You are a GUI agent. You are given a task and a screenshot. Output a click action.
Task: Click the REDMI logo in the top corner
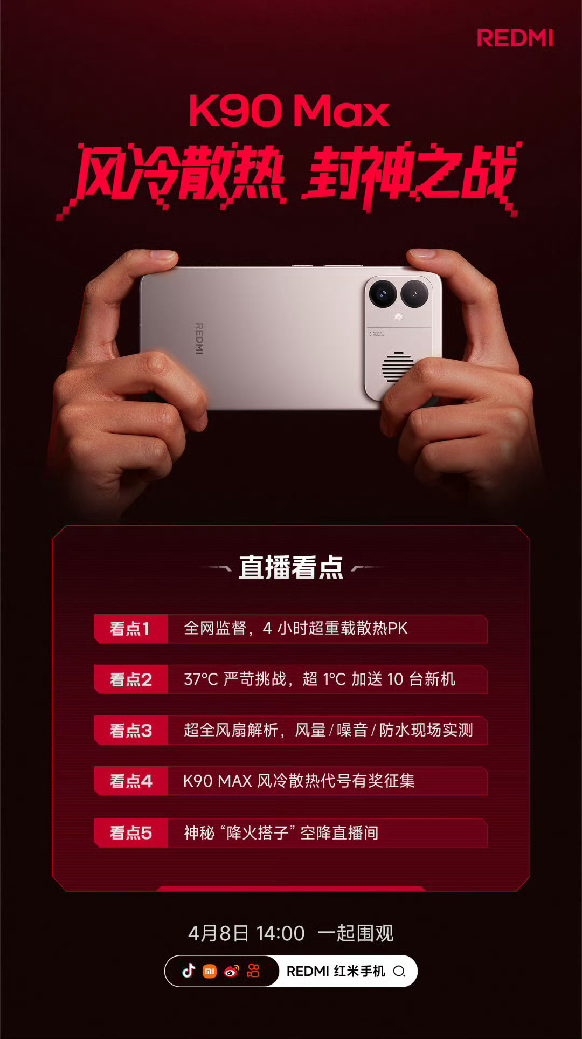click(x=515, y=38)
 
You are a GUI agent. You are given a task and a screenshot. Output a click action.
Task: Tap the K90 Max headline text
click(x=289, y=111)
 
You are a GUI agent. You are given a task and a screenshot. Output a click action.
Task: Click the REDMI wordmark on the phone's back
click(x=199, y=338)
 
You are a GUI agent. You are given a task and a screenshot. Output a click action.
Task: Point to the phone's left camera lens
click(x=383, y=294)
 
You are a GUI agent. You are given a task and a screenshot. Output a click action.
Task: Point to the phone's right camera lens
click(x=414, y=294)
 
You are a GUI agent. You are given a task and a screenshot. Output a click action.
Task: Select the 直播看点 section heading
click(x=291, y=568)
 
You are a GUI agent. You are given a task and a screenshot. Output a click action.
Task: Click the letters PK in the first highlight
click(x=398, y=629)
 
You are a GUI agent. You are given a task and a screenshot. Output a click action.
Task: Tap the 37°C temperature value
click(x=201, y=679)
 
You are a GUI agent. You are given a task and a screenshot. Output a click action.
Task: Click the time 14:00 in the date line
click(x=280, y=933)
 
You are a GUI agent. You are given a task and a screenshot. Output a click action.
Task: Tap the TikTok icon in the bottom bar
click(x=189, y=971)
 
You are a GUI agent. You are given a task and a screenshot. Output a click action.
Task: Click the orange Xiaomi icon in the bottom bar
click(x=210, y=972)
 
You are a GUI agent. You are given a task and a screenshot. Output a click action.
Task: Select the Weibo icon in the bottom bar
click(x=232, y=971)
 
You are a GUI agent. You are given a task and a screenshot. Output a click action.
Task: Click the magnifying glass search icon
click(x=399, y=972)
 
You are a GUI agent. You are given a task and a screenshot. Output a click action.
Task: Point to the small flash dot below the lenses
click(x=399, y=317)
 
